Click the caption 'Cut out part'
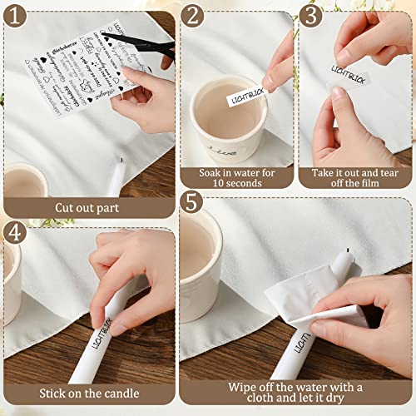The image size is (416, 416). pyautogui.click(x=87, y=208)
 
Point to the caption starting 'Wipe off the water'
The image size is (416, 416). pyautogui.click(x=295, y=394)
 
